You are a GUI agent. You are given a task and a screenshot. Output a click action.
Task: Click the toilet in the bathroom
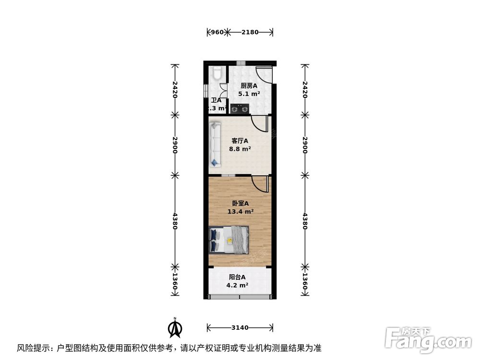coord(217,73)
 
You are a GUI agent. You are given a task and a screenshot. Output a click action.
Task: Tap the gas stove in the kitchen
coord(240,109)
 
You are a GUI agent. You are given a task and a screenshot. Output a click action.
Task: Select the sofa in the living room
coord(215,144)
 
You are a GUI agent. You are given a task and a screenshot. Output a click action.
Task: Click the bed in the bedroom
coord(229,239)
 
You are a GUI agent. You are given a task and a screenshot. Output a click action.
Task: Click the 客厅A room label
coord(240,141)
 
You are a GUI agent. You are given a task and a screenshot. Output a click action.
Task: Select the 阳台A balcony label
coord(237,277)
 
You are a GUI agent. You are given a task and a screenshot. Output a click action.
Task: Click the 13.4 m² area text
coord(240,211)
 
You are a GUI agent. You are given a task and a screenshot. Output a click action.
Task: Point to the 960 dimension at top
coord(217,33)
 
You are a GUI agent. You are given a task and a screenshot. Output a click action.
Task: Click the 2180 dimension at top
coord(250,33)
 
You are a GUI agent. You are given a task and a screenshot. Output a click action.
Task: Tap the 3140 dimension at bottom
coord(240,328)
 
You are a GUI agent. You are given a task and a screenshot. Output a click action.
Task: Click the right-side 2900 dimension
coord(304,144)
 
